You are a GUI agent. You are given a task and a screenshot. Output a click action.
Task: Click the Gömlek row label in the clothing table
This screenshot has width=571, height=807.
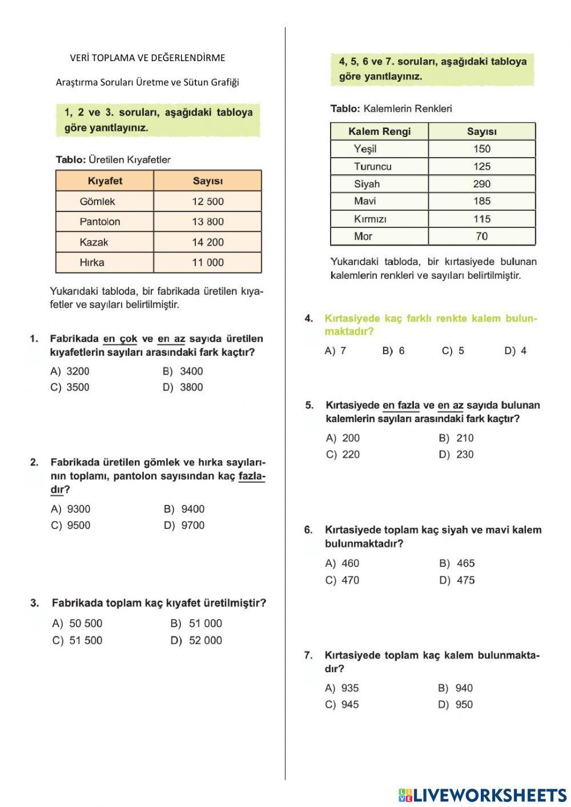click(x=98, y=202)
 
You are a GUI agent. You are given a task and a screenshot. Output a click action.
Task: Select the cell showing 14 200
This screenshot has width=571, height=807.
click(x=207, y=242)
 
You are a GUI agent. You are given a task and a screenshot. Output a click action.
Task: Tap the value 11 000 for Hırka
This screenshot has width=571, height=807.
click(x=207, y=263)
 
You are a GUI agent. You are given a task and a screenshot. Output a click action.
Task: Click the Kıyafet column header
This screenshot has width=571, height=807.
click(x=105, y=181)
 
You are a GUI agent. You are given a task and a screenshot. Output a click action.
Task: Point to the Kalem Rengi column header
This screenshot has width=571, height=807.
click(x=379, y=131)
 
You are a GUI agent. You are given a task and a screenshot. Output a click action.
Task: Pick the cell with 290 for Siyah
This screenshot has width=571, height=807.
click(x=481, y=184)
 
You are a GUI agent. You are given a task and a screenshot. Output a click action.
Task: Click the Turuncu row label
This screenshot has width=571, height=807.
click(x=372, y=167)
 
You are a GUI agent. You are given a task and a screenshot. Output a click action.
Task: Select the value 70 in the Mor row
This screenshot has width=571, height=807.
click(x=481, y=236)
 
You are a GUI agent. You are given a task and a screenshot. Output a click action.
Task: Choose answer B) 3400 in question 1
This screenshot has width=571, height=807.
click(x=184, y=371)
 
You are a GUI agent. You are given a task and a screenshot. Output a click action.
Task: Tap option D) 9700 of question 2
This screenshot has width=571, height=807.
click(x=185, y=525)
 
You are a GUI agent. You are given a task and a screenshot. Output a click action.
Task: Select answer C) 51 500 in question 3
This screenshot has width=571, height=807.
click(x=78, y=641)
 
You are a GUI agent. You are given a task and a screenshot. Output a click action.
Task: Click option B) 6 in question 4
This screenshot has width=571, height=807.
click(x=393, y=351)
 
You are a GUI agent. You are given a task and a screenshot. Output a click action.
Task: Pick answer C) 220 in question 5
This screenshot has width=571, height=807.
click(x=343, y=455)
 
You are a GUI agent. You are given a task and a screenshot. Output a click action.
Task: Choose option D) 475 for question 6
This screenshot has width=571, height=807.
click(x=457, y=580)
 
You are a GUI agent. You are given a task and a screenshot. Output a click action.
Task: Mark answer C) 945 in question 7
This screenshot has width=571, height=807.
click(x=343, y=705)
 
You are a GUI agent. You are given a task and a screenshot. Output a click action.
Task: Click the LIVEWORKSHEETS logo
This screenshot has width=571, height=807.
click(x=482, y=794)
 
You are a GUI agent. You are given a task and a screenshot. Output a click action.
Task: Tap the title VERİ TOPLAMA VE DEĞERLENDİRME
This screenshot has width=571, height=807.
click(x=147, y=58)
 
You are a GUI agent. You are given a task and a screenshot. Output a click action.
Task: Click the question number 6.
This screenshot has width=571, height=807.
click(x=308, y=530)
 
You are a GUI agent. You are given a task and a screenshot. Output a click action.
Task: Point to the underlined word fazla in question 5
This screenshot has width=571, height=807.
click(x=401, y=405)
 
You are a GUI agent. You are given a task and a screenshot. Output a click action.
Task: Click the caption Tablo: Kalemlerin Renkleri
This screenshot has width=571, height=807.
click(x=391, y=109)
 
